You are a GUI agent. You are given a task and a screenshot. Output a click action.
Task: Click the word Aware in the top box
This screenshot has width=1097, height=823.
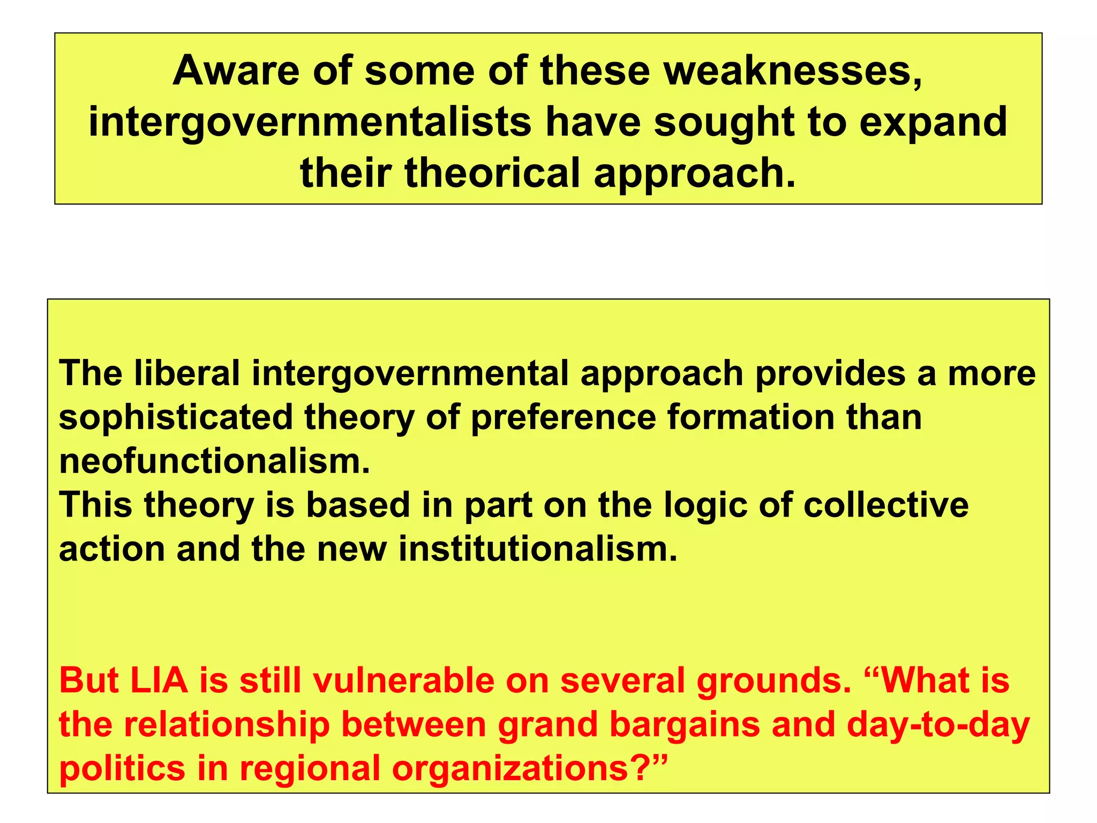pos(236,71)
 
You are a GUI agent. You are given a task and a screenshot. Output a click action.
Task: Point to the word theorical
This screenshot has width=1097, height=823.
pos(492,173)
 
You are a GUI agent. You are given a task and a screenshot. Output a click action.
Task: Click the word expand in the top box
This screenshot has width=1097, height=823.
pos(933,122)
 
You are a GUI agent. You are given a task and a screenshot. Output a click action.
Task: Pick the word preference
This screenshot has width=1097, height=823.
pos(563,417)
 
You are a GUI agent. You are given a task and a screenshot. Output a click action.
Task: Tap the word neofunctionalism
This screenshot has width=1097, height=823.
pos(214,461)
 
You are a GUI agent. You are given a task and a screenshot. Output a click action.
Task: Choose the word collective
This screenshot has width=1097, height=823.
pos(885,505)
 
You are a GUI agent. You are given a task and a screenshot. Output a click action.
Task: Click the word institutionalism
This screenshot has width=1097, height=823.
pos(538,549)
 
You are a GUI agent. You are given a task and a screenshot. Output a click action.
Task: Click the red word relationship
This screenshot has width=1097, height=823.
pos(227,724)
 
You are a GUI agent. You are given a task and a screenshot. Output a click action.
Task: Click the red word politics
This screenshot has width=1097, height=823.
pos(122,768)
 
